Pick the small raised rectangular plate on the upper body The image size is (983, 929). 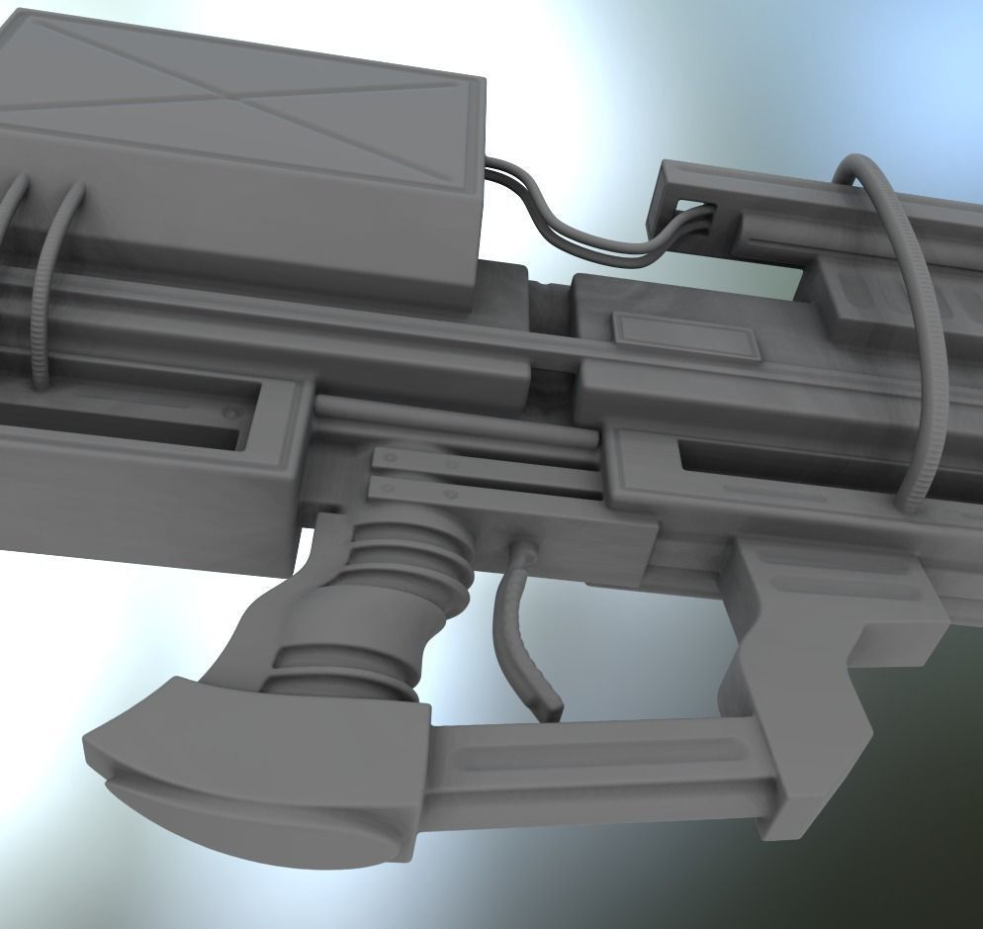click(x=685, y=337)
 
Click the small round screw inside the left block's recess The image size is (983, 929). click(x=231, y=414)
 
